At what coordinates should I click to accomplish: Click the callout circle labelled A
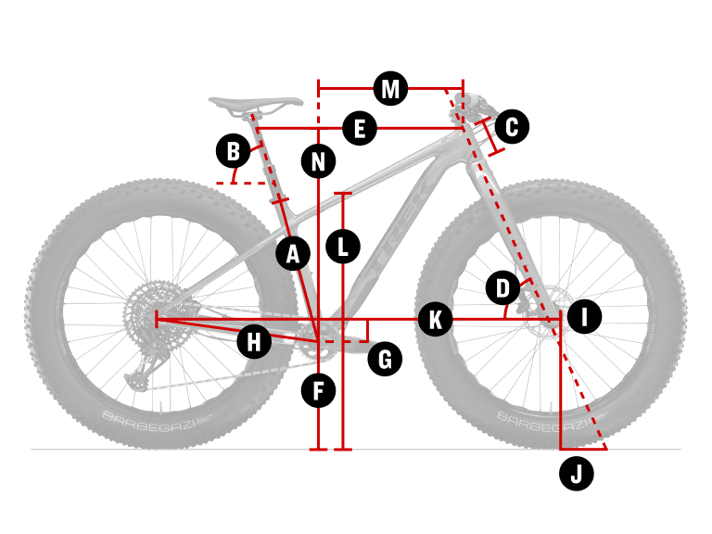(x=293, y=253)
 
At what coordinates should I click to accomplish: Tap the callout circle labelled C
(x=512, y=126)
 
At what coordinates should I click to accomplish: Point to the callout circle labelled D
(x=502, y=288)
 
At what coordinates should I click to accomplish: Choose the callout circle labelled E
(x=360, y=128)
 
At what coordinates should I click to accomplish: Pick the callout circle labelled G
(x=385, y=357)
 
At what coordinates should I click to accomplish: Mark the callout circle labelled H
(x=254, y=341)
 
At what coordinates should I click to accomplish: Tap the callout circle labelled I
(x=583, y=317)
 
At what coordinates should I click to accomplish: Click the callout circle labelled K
(x=434, y=319)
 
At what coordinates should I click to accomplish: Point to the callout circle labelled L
(x=343, y=247)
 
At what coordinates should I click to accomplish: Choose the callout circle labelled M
(x=390, y=89)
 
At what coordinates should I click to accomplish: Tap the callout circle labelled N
(x=319, y=162)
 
